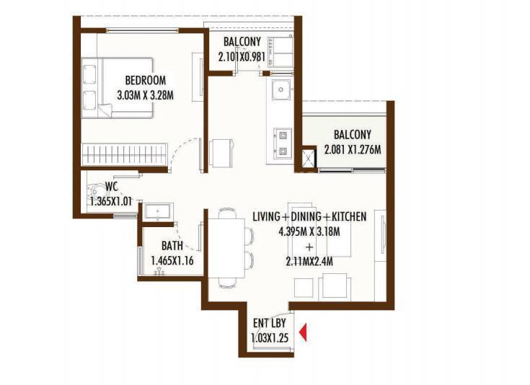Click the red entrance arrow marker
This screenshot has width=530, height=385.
coord(304,332)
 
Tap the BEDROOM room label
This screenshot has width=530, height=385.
coord(145,80)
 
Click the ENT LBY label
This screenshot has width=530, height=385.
coord(268,324)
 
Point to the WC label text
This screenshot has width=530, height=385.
coord(111,186)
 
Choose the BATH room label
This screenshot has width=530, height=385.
coord(172,246)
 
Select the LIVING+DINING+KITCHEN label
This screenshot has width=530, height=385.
coord(309,217)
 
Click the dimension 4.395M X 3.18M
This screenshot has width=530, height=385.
coord(309,231)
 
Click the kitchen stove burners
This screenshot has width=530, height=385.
coord(282,142)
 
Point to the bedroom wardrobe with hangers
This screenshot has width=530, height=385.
coord(124,153)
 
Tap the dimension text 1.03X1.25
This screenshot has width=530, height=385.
coord(268,337)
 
